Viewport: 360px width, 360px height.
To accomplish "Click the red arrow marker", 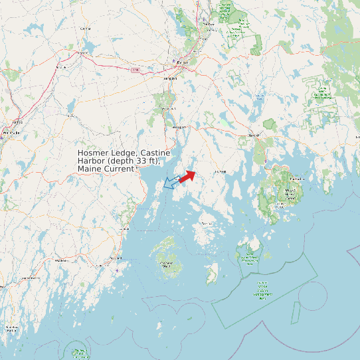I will [187, 176].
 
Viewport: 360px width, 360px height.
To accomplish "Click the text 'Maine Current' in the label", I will [106, 169].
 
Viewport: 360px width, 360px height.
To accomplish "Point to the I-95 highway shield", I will [135, 69].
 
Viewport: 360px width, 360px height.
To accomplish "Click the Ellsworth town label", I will [252, 135].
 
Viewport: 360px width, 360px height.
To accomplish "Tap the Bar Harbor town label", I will [298, 179].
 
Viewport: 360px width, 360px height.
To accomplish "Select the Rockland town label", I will [116, 258].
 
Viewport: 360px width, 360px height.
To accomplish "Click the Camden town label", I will [124, 228].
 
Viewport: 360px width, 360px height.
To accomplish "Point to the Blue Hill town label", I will [220, 171].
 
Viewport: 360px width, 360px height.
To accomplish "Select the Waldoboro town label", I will [62, 261].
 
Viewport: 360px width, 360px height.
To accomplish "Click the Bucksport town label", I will [177, 126].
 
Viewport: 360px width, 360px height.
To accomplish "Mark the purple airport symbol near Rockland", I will [118, 270].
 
